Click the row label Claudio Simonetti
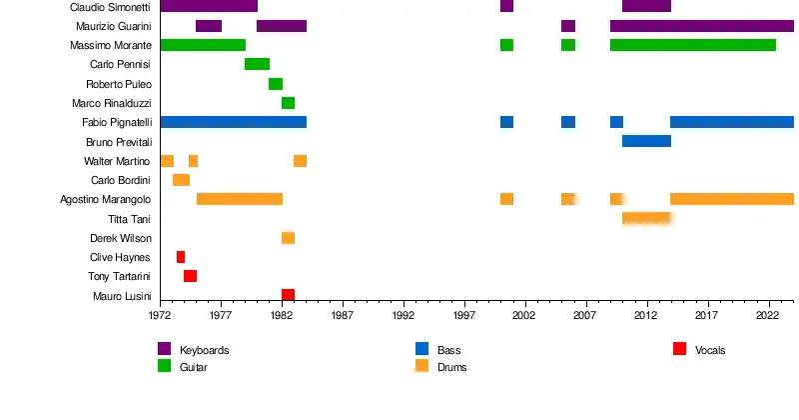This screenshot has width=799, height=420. point(110,7)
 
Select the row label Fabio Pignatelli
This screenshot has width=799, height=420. point(116,122)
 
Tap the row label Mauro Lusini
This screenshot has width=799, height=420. point(121,296)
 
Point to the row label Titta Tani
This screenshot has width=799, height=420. point(129,219)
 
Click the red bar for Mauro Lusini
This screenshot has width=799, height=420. point(288,295)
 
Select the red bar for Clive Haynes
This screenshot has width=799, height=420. point(181,257)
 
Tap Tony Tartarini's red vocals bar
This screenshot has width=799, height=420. point(190,276)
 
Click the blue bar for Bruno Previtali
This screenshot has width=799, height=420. point(646,141)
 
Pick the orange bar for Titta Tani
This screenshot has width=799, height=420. point(646,218)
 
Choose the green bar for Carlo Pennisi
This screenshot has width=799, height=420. point(257,64)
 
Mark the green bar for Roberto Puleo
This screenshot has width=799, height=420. point(276,84)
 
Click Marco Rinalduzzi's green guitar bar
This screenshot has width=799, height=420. point(288,103)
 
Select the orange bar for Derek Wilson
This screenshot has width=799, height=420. point(288,238)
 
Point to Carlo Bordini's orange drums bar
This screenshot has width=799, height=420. point(181,180)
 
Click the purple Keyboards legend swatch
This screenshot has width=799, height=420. point(165,349)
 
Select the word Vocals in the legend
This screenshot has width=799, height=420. point(710,351)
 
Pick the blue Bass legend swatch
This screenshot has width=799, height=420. point(421,349)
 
